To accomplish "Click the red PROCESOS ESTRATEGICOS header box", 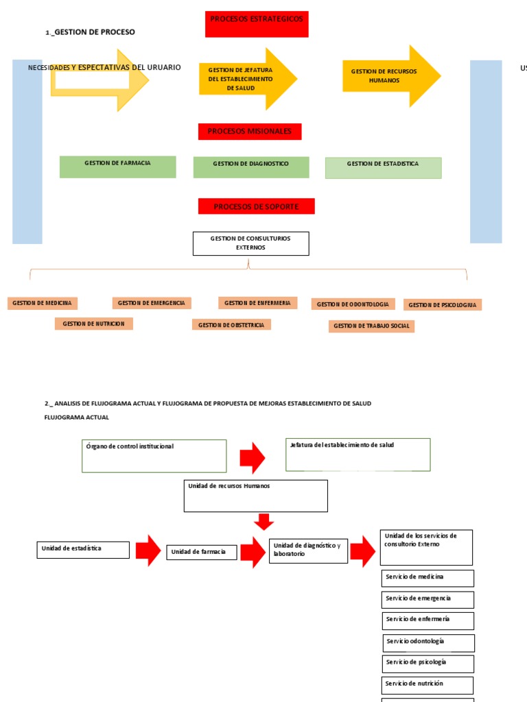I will click(256, 24).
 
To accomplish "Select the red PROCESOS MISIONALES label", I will click(250, 132).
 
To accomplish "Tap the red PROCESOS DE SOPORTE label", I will click(256, 206).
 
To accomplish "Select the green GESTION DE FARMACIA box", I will click(117, 167).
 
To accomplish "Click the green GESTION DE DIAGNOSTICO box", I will click(251, 167).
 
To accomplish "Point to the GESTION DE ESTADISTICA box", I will click(383, 167).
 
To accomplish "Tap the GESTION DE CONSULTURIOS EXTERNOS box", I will click(250, 243).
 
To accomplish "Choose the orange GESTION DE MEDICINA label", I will click(43, 303).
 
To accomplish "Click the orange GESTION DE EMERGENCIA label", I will click(152, 303).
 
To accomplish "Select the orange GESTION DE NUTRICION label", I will click(94, 324).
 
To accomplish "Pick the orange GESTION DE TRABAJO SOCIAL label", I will click(371, 326).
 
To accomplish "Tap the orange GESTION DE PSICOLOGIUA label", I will click(443, 305).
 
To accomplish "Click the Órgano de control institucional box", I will click(154, 456).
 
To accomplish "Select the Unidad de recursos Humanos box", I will click(255, 496).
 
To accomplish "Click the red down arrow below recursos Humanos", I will click(263, 522).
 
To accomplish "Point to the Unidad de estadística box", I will click(82, 549).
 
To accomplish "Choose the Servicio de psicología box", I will click(428, 663).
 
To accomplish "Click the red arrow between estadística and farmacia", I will click(148, 550).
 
